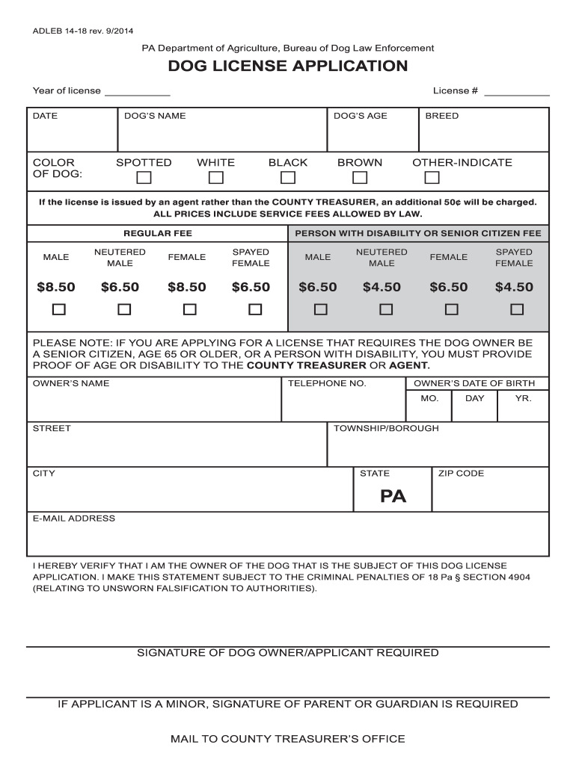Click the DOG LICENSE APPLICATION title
tap(287, 66)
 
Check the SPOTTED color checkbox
tap(144, 178)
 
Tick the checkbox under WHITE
tap(215, 178)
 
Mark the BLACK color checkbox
tap(288, 178)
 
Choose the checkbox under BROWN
tap(360, 178)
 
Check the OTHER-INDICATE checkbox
tap(432, 178)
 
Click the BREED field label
tap(441, 116)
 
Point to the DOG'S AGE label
tap(360, 116)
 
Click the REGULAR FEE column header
tap(157, 233)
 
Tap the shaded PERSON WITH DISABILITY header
tap(417, 233)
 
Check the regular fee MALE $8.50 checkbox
tap(58, 309)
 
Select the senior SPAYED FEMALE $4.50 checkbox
tap(516, 309)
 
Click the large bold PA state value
tap(393, 496)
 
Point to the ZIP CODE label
tap(461, 474)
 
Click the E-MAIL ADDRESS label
tap(73, 518)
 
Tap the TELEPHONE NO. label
tap(327, 383)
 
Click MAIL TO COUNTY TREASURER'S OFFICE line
tap(287, 739)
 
